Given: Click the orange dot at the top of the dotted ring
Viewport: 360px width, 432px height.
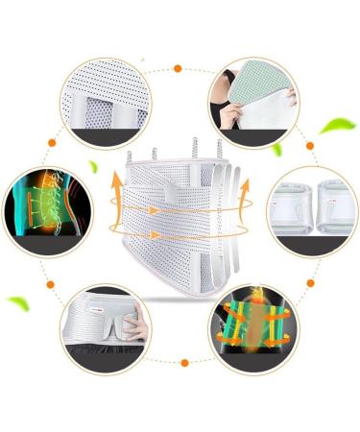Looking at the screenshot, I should [x=179, y=69].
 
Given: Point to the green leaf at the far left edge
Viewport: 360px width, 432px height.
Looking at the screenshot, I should [x=16, y=302].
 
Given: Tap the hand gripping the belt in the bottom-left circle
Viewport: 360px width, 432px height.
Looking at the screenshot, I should [x=138, y=329].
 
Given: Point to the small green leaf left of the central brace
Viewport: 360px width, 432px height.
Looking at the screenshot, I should [x=92, y=166].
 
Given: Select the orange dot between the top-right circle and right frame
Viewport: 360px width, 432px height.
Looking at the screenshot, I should [x=309, y=146].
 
